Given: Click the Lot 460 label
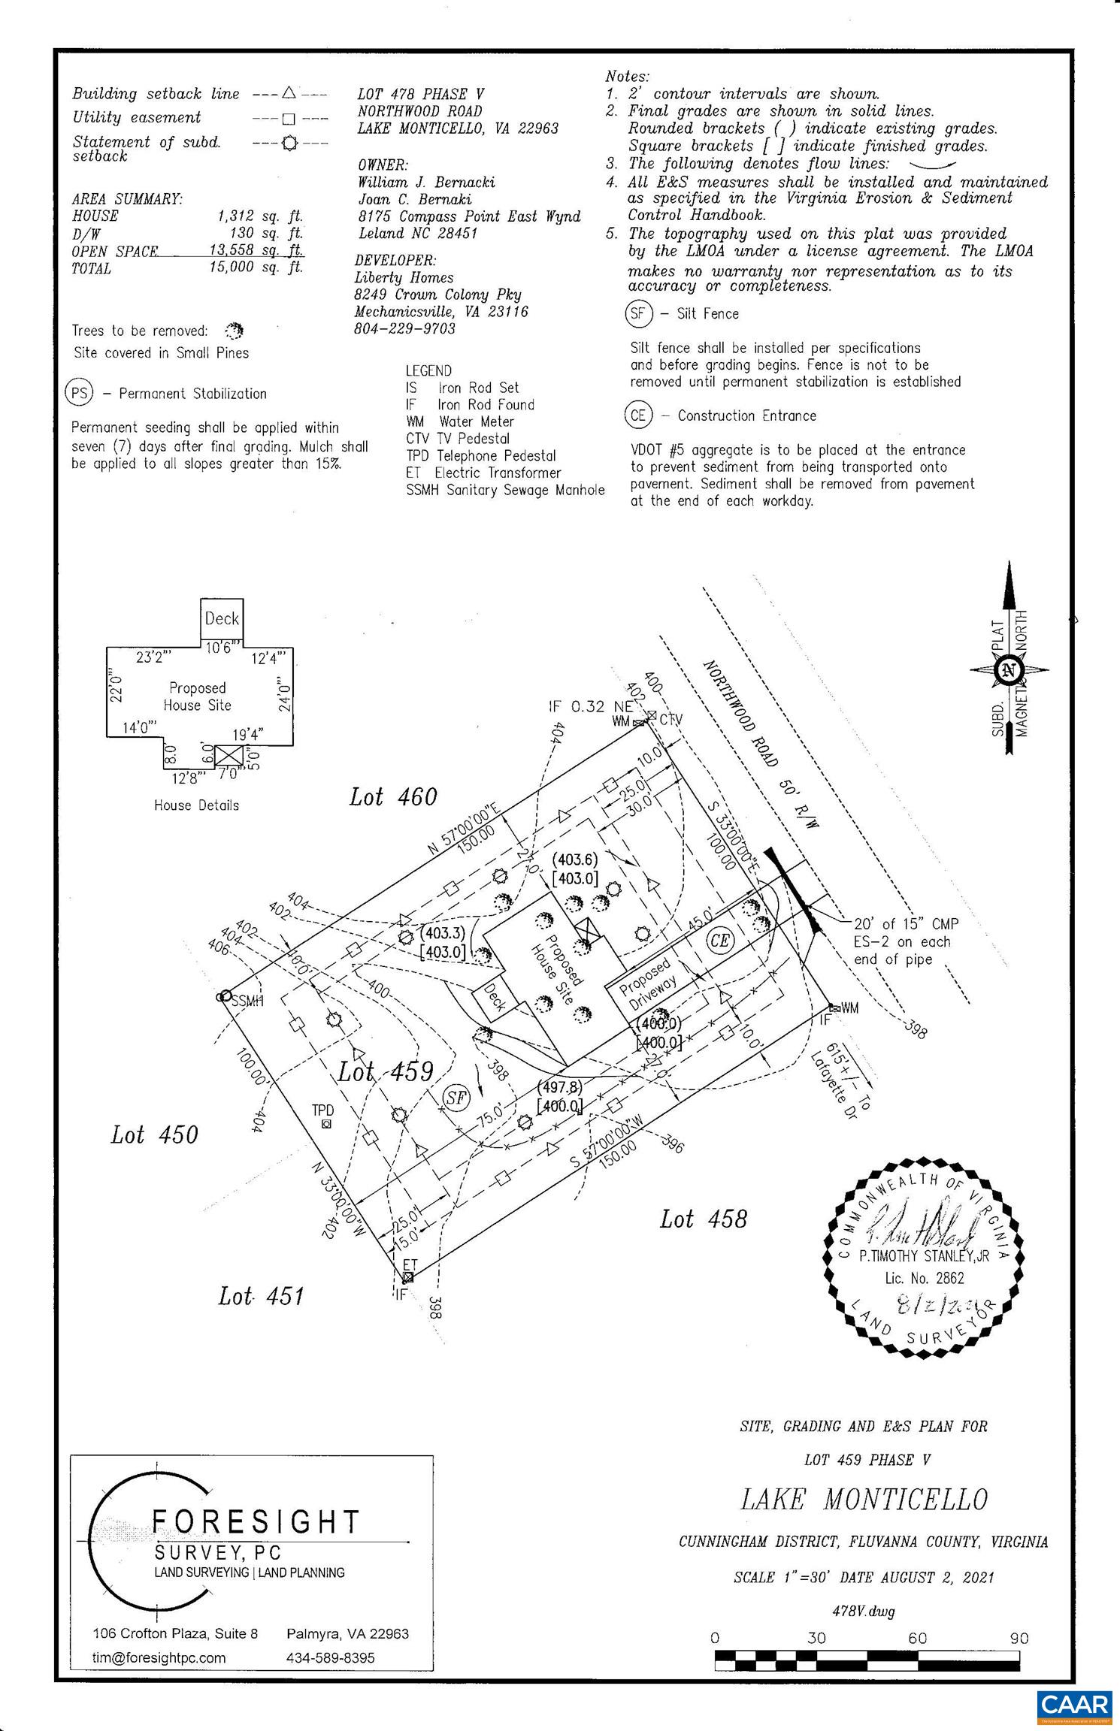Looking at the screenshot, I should (x=392, y=796).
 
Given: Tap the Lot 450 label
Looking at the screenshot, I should (x=154, y=1134).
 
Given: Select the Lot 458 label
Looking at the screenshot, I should (x=704, y=1218).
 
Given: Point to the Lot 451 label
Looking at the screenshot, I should (x=261, y=1295).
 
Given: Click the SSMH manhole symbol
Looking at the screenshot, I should (x=223, y=996).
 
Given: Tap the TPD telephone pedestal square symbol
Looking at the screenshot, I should (x=325, y=1124).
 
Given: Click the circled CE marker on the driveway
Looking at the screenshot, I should (x=719, y=940).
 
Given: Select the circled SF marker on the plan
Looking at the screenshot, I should (x=456, y=1097).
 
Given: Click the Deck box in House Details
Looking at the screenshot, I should (x=222, y=618).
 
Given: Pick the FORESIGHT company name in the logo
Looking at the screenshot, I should (x=256, y=1521).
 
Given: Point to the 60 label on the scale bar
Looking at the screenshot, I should (x=917, y=1637).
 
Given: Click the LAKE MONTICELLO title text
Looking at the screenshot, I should (x=864, y=1500).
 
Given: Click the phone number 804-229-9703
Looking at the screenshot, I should (x=404, y=328).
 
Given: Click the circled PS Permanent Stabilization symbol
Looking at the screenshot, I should (x=80, y=393).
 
